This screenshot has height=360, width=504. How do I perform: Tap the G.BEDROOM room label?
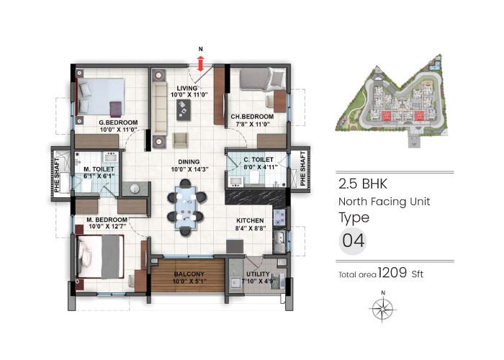coord(119,123)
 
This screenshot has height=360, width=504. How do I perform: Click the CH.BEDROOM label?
coord(252,117)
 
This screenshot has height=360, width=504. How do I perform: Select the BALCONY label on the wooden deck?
coord(188,274)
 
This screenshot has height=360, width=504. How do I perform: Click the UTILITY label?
coord(258,275)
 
